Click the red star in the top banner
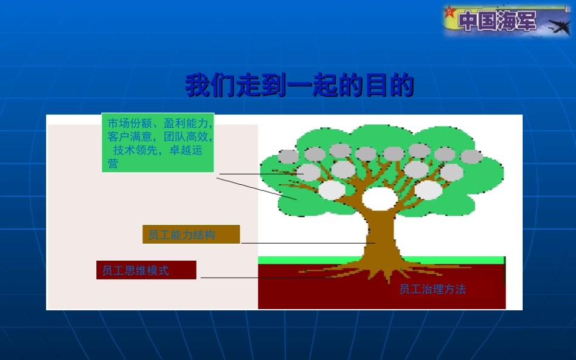pos(449,12)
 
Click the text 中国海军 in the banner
pos(498,21)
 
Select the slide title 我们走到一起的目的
pos(300,85)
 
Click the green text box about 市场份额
pos(158,142)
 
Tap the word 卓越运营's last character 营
pos(113,164)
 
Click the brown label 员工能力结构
pos(191,235)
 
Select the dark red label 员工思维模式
pos(146,270)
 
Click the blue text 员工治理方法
pos(432,289)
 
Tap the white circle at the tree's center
pos(380,198)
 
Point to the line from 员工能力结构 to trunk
pos(303,243)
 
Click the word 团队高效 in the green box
pos(187,136)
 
